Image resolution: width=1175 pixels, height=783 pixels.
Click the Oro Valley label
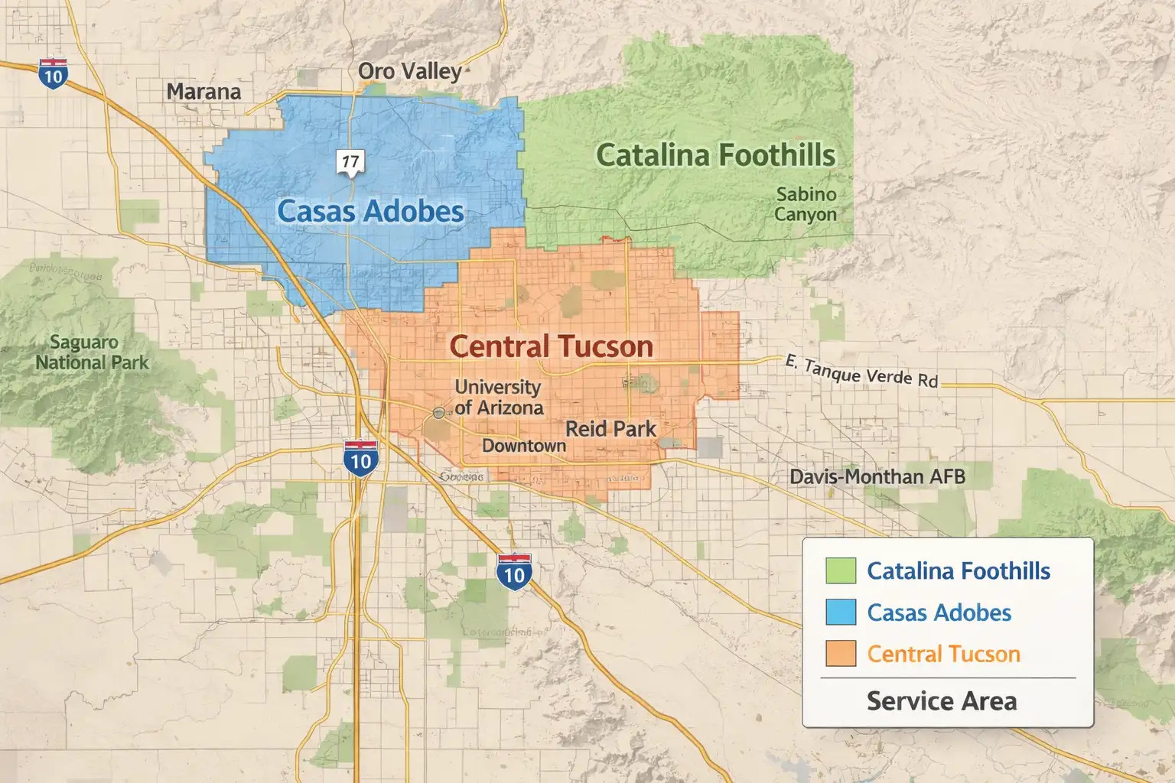coord(410,72)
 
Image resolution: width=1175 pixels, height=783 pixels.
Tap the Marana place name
coord(203,92)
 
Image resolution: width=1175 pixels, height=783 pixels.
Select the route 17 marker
coord(350,161)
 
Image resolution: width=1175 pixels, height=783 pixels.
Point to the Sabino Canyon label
coord(806,204)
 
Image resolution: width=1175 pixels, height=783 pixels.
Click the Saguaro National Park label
coord(93,353)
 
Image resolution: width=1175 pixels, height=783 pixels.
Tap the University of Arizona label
coord(499,397)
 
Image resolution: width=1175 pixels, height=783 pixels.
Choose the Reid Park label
coord(610,429)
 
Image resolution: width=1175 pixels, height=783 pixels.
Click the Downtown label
coord(524,445)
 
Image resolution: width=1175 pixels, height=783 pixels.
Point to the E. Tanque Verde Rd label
coord(861,371)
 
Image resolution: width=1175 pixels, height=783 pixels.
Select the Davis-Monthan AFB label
coord(877,477)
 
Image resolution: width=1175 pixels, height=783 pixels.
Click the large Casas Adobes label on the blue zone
coord(371,211)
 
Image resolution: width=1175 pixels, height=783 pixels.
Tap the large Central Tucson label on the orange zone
coord(551,346)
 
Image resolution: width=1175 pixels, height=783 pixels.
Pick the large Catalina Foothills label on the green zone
coord(715,155)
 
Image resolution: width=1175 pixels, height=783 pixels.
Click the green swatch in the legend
coord(841,570)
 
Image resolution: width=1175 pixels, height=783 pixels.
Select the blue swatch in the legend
coord(841,612)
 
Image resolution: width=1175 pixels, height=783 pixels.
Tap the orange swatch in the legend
coord(841,654)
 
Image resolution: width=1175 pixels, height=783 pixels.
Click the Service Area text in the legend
coord(942,701)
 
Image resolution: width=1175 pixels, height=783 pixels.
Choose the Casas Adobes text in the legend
coord(939,612)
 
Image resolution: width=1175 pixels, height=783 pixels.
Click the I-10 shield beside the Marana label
coord(53,74)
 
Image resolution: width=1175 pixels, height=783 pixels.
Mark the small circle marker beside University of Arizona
coord(438,413)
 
